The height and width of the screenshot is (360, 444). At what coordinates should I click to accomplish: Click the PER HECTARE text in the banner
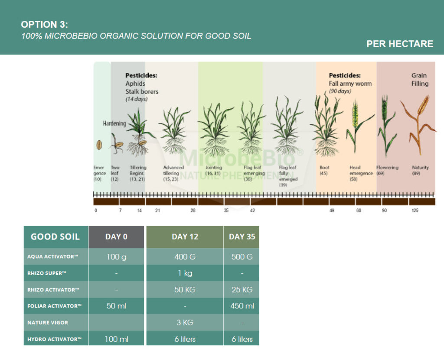tap(400, 44)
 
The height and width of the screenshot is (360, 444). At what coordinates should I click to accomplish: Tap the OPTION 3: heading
tap(45, 24)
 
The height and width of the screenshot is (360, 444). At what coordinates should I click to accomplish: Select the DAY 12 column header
tap(185, 237)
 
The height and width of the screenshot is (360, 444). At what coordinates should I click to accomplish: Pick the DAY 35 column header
tap(242, 237)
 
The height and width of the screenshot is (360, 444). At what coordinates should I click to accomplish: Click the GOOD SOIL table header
tap(55, 237)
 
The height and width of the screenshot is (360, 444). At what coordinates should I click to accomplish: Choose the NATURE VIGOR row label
tap(48, 322)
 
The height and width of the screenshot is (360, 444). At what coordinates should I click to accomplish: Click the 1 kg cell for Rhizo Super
tap(185, 273)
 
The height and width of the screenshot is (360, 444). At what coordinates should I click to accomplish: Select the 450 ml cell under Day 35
tap(242, 306)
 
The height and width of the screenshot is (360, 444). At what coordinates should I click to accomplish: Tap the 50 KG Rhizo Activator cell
tap(185, 289)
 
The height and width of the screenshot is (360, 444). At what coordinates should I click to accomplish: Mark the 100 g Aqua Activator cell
tap(116, 256)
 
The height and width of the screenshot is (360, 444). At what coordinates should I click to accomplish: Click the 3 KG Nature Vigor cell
tap(185, 322)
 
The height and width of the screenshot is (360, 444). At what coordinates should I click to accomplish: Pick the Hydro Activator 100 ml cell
tap(116, 339)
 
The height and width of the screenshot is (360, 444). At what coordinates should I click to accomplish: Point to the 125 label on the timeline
tap(415, 211)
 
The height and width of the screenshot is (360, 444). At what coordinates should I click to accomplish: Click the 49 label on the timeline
tap(332, 211)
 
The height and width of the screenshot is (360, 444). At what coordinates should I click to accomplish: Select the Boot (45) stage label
tap(324, 170)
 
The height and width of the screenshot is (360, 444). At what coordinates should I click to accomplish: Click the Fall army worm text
tap(350, 84)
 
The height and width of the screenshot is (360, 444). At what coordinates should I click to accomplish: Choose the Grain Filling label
tap(419, 80)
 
